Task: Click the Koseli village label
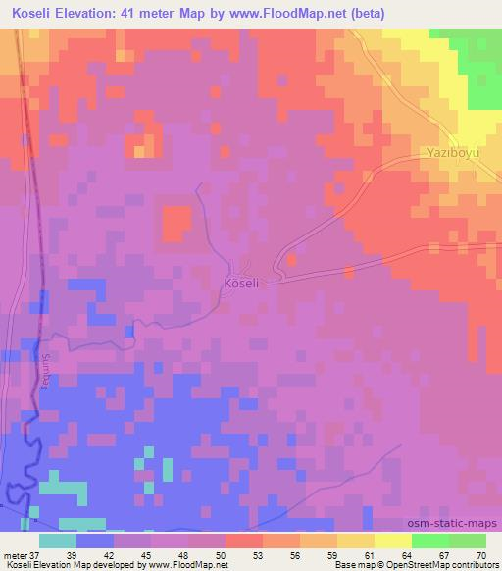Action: tap(240, 283)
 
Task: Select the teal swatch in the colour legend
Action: tap(58, 541)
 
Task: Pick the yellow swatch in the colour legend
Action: tap(393, 541)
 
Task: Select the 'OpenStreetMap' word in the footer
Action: tap(411, 564)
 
